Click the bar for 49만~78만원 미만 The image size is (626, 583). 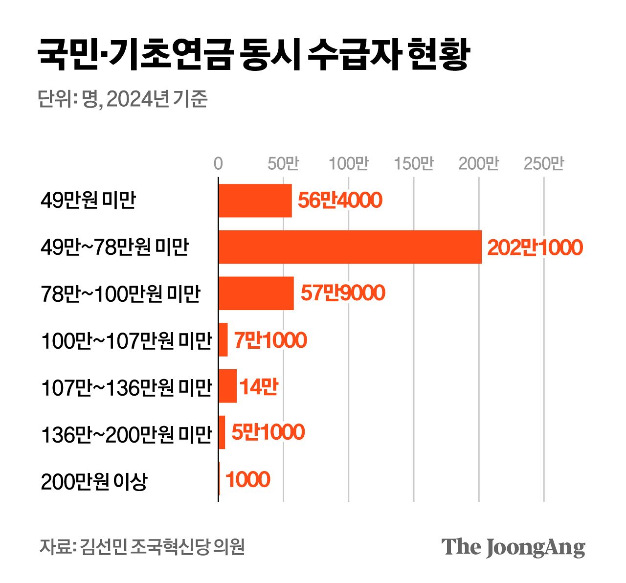tap(350, 247)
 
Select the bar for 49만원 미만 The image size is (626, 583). tap(255, 201)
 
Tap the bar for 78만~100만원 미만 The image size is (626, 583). tap(256, 293)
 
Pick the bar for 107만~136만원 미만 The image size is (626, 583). tap(227, 386)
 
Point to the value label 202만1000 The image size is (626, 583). tap(535, 247)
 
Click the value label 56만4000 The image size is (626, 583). tap(340, 201)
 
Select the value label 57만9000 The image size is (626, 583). tap(343, 293)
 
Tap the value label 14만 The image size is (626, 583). tap(259, 387)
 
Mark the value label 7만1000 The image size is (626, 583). tap(270, 340)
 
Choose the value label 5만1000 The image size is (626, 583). tap(268, 432)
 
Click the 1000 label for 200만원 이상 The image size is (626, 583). tap(247, 479)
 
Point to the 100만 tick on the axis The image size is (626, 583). tap(348, 164)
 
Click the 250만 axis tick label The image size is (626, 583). tap(543, 164)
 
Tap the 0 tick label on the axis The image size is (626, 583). tap(218, 164)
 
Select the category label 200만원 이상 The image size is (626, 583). tap(94, 481)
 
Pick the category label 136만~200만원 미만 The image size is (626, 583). tap(126, 434)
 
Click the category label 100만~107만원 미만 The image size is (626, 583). tap(126, 341)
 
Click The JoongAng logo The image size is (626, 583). tap(513, 547)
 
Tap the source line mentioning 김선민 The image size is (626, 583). tap(142, 547)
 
